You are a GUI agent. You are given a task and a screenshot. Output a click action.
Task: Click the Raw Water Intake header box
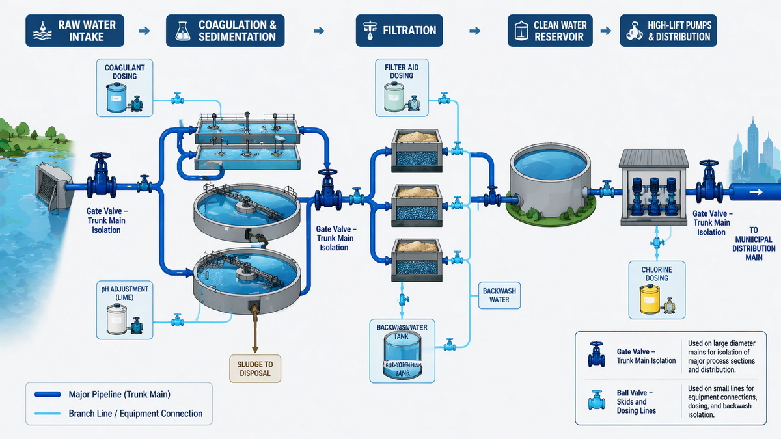pos(75,31)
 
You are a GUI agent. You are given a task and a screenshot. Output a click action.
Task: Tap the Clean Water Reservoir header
pos(550,31)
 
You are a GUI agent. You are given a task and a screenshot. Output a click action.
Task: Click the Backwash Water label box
pos(499,295)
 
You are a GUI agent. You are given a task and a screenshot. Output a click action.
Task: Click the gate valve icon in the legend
pos(596,355)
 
